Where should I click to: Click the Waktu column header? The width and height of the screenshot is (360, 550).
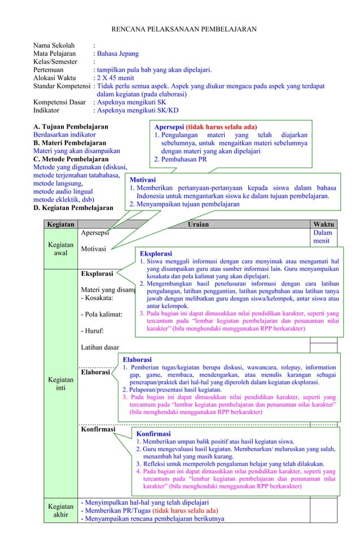click(323, 224)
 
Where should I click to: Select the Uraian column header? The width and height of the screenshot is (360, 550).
click(197, 224)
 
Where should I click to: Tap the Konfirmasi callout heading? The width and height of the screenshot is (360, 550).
click(155, 434)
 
